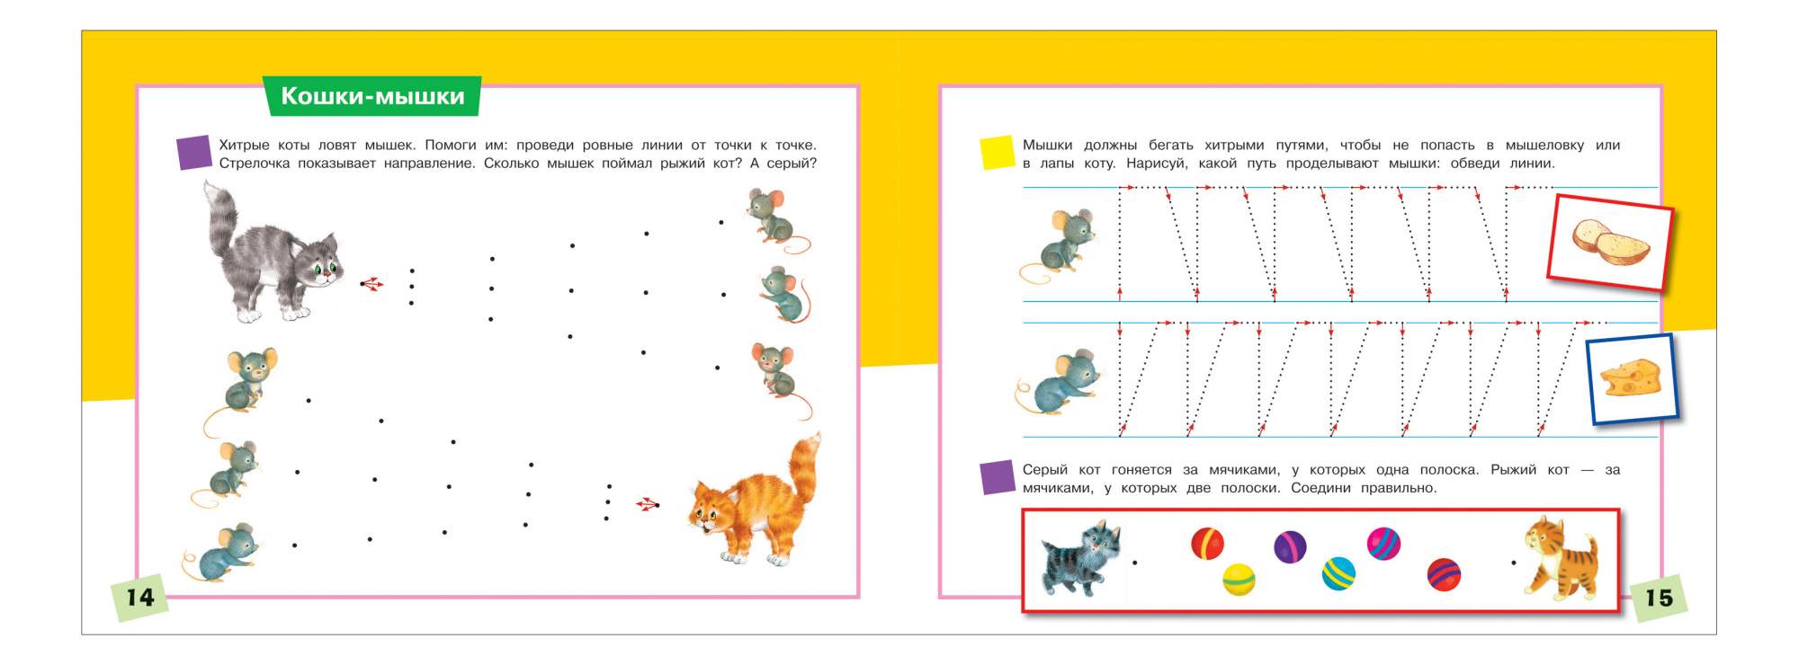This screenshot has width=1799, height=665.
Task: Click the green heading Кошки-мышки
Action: [372, 96]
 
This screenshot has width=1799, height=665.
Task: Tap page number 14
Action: [139, 598]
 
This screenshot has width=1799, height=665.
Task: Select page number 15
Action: [1659, 598]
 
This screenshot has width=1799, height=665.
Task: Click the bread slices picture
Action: [1610, 243]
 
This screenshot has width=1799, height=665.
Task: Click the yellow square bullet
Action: [997, 153]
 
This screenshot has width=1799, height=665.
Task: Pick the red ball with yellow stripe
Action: [1207, 544]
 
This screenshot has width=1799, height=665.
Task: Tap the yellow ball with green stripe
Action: [1239, 580]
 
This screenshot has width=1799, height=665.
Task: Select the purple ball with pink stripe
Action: [1290, 546]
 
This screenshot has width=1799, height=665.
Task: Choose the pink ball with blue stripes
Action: [1383, 544]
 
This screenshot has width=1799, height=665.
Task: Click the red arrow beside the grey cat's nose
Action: [371, 284]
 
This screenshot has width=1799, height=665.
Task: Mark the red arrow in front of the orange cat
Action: [648, 504]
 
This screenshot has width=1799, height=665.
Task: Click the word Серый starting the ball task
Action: [1045, 470]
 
